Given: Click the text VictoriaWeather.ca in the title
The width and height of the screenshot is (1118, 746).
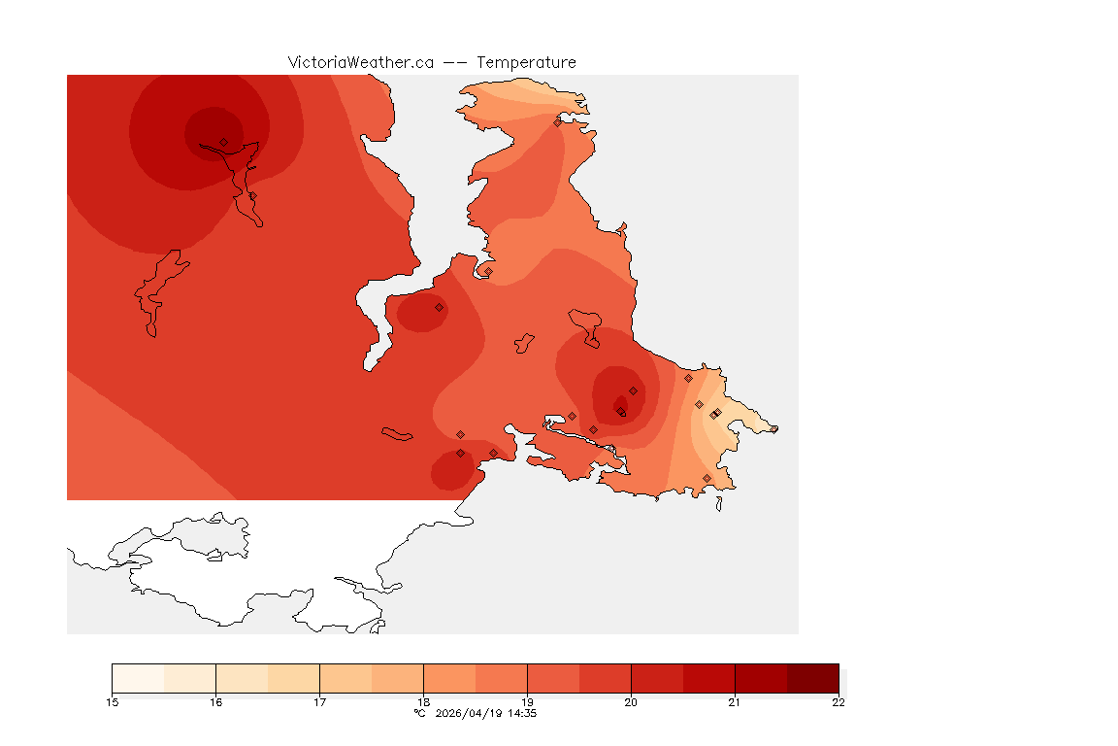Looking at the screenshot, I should tap(360, 62).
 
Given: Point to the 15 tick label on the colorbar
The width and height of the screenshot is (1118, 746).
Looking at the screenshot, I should tap(113, 702).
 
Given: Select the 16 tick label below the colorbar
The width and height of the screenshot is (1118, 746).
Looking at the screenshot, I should tap(216, 702).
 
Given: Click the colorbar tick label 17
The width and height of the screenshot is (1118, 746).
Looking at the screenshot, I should tap(319, 702).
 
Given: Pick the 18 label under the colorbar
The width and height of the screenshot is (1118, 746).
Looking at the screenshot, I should tap(423, 702).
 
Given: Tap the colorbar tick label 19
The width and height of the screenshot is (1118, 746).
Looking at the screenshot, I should tap(527, 702).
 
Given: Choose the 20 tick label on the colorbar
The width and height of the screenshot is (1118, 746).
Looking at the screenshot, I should tap(631, 702).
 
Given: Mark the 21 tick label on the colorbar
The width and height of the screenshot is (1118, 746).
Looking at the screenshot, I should tap(735, 702).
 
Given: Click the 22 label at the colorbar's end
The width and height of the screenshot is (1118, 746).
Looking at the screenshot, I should tap(838, 702).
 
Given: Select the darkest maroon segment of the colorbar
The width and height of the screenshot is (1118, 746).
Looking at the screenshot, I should tap(812, 677).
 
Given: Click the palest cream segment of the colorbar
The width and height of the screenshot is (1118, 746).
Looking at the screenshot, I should tap(138, 677).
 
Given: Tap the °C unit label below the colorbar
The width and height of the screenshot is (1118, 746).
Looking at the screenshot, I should tap(419, 713).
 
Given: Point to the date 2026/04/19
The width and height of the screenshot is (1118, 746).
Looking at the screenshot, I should tap(467, 713).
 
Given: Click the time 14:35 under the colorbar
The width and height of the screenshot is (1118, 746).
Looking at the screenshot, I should tap(523, 713).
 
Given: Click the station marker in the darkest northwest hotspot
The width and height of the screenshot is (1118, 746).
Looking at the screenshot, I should tap(223, 142).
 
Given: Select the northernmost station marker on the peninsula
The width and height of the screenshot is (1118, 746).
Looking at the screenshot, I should tap(557, 122).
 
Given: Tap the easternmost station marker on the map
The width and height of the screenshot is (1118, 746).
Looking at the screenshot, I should tap(773, 429).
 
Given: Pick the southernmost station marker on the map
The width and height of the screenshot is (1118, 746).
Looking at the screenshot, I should tap(707, 478).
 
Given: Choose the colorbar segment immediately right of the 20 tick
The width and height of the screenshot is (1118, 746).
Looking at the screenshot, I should tap(657, 677).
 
